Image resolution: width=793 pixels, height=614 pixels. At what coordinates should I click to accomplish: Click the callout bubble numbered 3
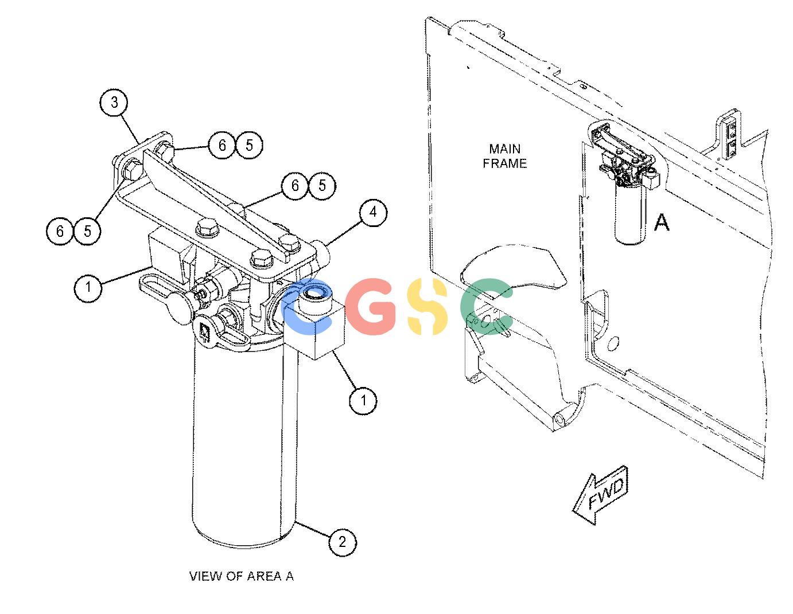click(x=114, y=103)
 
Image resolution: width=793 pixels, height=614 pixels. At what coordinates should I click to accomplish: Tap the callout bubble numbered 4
click(x=372, y=212)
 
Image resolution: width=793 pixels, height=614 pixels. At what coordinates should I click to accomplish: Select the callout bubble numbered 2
click(x=343, y=542)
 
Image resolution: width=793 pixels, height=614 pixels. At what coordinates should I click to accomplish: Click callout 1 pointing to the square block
click(x=363, y=400)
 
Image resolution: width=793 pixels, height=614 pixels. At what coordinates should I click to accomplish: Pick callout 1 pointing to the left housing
click(x=88, y=288)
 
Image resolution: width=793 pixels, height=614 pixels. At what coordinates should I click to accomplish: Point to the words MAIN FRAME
click(x=505, y=156)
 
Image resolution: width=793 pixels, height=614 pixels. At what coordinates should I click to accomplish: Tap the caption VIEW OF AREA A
click(x=241, y=576)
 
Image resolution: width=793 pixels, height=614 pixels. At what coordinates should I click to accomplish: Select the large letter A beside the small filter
click(x=662, y=222)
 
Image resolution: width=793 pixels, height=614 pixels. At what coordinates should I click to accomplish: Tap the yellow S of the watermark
click(x=427, y=307)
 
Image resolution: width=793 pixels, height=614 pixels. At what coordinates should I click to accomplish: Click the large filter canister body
click(x=244, y=445)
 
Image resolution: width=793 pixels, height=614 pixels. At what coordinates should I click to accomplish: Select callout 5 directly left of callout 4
click(x=322, y=186)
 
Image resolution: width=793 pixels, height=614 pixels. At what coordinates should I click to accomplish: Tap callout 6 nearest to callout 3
click(x=222, y=145)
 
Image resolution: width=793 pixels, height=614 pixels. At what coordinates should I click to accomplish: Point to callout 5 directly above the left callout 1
click(x=88, y=231)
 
